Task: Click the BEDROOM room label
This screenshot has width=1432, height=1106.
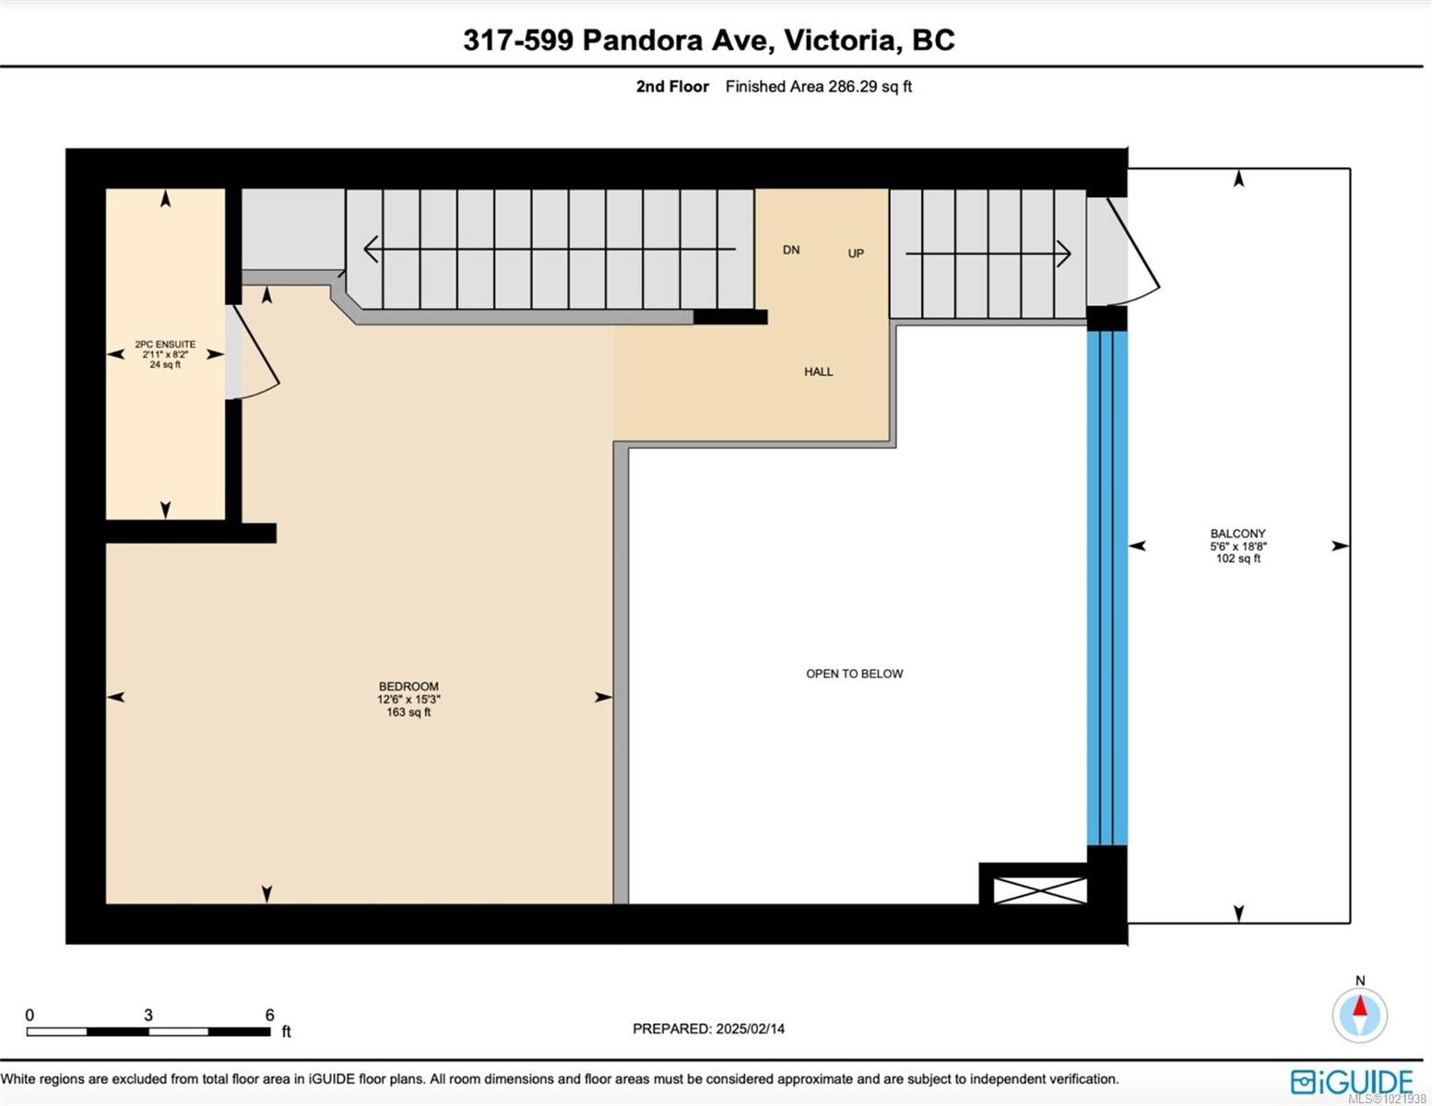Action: [408, 687]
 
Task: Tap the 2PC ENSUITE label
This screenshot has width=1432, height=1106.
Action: [165, 344]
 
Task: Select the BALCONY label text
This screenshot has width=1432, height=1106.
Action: [1237, 534]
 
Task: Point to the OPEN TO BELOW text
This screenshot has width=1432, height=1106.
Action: [854, 674]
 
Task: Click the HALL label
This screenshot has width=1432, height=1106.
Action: [818, 371]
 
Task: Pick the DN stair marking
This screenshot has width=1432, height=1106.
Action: [791, 250]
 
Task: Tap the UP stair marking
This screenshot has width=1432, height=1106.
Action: [856, 253]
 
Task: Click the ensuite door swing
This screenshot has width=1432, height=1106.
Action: [254, 355]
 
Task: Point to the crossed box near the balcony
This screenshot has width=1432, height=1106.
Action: [1039, 890]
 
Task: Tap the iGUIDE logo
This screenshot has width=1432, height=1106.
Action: [1352, 1081]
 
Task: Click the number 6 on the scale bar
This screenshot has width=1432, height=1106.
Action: [269, 1015]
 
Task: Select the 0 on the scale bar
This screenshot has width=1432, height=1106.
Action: [30, 1015]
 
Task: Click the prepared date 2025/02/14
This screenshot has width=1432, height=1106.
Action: [750, 1029]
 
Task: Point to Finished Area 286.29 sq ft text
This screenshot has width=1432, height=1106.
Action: [818, 87]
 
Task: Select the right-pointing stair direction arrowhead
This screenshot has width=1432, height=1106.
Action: [1063, 253]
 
